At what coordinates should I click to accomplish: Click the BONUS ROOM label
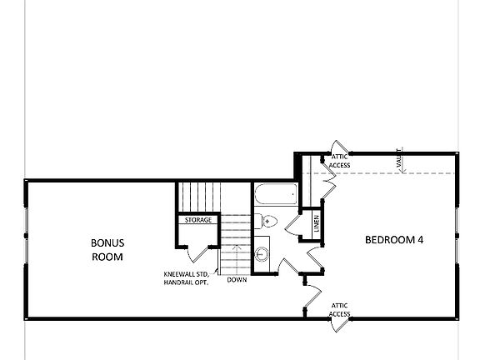107,250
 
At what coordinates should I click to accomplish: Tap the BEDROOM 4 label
395,240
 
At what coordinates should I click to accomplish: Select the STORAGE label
197,221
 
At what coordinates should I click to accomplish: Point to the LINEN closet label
317,222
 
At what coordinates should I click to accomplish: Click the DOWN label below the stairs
236,280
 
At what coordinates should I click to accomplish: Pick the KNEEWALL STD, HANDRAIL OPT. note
186,277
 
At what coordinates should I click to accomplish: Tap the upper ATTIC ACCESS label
339,161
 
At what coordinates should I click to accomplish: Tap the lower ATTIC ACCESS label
339,310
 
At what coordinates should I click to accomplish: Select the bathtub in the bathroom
274,196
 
